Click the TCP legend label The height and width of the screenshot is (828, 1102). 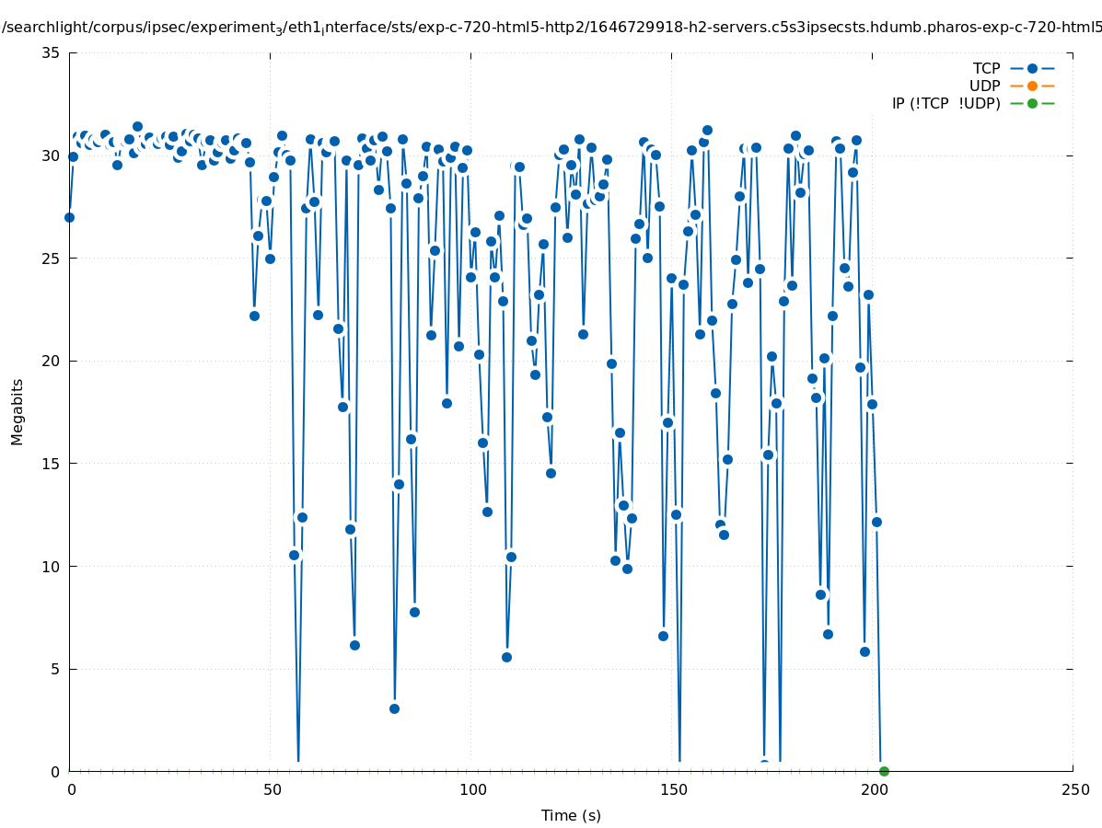coord(986,68)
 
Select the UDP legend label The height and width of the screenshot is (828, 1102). coord(984,86)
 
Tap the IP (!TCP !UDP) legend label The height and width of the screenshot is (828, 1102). coord(945,103)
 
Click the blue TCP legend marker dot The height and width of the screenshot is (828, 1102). coord(1032,68)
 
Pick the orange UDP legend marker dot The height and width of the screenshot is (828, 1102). coord(1032,86)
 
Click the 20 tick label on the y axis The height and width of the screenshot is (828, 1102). coord(52,361)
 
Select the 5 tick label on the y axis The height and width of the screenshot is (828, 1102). coord(55,669)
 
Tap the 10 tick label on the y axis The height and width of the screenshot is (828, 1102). coord(52,566)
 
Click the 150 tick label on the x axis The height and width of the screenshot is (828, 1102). coord(673,789)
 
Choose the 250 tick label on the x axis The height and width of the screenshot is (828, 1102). coord(1074,789)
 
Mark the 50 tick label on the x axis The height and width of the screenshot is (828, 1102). coord(272,789)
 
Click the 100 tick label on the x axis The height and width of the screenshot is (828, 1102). coord(472,789)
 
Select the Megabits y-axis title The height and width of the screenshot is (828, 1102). coord(17,411)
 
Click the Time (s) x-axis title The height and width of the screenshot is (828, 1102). coord(571,815)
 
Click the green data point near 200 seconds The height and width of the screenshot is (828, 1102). coord(884,771)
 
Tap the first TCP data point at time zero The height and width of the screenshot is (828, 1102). coord(69,217)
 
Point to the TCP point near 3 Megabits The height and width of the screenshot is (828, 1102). coord(394,708)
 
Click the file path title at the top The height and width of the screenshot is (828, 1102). coord(551,27)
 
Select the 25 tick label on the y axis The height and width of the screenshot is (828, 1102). coord(52,258)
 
